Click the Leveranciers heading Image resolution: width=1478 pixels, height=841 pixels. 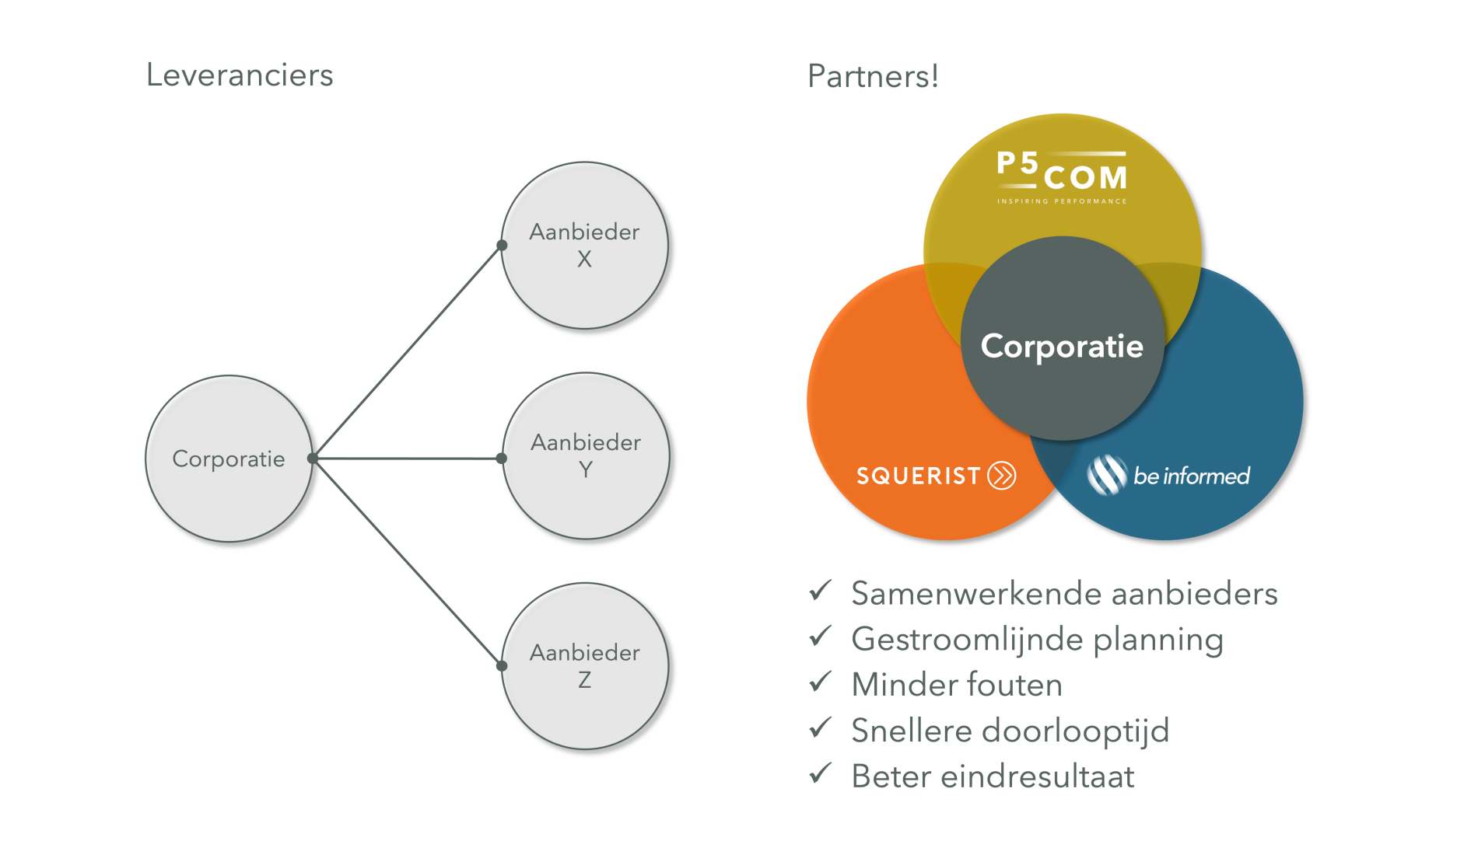click(x=240, y=75)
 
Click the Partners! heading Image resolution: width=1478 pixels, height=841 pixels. click(x=873, y=76)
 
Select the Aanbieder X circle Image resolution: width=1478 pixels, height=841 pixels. click(x=585, y=245)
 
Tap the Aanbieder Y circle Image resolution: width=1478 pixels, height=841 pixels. click(x=586, y=455)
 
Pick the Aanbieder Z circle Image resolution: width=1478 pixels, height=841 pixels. click(x=585, y=666)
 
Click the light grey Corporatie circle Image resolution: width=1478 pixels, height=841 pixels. click(x=229, y=459)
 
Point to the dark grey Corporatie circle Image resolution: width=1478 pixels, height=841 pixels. click(x=1063, y=346)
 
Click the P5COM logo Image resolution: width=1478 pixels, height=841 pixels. click(x=1063, y=173)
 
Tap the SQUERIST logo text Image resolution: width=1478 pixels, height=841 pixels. click(x=918, y=476)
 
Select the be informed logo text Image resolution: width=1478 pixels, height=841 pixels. click(x=1191, y=476)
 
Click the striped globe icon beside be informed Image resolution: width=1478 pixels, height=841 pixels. click(x=1107, y=475)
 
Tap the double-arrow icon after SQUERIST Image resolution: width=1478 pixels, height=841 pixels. click(x=1002, y=475)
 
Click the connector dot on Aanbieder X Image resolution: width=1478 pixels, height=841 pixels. click(x=503, y=246)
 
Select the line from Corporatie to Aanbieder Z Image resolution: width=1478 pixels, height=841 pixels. click(x=408, y=562)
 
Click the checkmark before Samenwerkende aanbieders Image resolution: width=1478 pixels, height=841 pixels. click(x=821, y=591)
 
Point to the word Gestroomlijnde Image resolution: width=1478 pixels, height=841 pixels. click(x=968, y=640)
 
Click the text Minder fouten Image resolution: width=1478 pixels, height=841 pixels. click(x=957, y=685)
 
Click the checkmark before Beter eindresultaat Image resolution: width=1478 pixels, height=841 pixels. click(x=821, y=773)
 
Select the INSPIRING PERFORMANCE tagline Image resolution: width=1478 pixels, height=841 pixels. click(x=1063, y=201)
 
